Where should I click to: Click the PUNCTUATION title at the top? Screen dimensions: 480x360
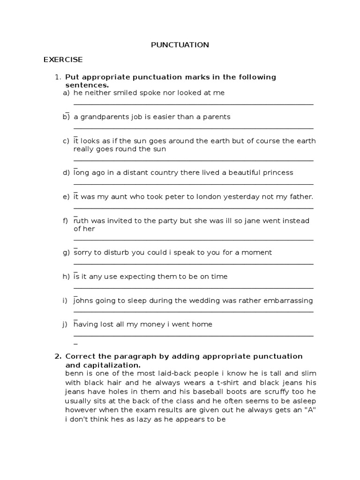(180, 45)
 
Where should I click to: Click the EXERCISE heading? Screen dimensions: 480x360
(63, 60)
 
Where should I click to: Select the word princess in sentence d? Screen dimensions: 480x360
(277, 172)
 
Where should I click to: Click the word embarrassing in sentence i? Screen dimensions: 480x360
(286, 300)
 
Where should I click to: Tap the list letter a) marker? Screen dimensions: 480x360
(66, 93)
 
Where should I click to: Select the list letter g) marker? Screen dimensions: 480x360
(66, 253)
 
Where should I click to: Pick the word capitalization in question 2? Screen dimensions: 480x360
(110, 365)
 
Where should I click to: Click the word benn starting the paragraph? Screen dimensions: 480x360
(75, 373)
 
